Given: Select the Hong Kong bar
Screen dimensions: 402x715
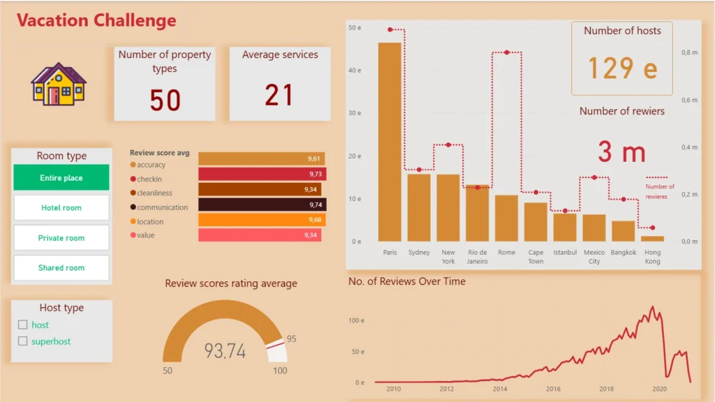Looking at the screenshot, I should click(x=652, y=239).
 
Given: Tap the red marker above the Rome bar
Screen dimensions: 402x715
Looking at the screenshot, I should click(x=506, y=52).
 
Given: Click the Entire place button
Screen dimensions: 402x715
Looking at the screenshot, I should click(x=61, y=178).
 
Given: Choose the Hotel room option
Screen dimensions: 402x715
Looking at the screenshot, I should click(x=61, y=208).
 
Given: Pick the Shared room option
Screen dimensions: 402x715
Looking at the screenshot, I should click(x=61, y=268).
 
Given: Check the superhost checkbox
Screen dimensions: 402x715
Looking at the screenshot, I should click(x=23, y=341).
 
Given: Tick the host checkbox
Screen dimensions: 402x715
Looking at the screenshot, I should click(x=23, y=325).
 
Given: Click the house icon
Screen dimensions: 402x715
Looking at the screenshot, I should click(x=58, y=84).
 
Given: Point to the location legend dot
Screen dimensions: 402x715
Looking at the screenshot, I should click(x=133, y=222).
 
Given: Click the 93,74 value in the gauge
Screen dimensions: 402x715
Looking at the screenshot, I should click(x=225, y=351).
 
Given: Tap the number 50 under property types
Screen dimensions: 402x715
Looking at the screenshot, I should click(x=165, y=100).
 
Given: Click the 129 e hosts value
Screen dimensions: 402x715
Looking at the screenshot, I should click(x=622, y=68).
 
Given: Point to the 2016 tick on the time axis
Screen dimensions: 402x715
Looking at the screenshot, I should click(x=553, y=389).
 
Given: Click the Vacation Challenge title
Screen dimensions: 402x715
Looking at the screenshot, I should click(x=97, y=20).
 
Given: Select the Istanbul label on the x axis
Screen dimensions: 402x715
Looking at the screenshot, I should click(x=565, y=253).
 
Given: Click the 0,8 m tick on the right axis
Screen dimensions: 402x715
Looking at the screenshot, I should click(x=690, y=52).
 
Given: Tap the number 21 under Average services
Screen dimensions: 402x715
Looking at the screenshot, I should click(x=279, y=95).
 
